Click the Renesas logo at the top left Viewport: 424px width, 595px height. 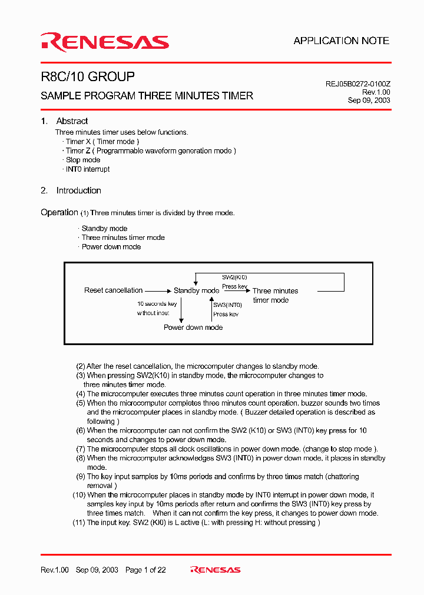point(105,42)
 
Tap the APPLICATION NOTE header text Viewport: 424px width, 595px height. point(341,41)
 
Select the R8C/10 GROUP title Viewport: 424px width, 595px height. point(88,77)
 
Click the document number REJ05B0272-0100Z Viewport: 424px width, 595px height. point(357,84)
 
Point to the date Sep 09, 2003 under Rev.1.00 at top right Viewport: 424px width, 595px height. point(369,101)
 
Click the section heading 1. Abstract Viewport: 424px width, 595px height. point(64,121)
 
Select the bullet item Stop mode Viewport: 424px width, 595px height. point(82,160)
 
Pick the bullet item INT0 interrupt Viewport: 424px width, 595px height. point(87,169)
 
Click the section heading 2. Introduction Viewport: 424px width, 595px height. point(71,190)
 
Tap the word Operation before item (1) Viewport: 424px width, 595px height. point(59,212)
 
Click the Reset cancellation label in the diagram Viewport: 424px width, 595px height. point(113,290)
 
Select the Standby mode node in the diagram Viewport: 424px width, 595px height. point(196,290)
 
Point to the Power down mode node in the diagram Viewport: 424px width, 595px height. point(193,327)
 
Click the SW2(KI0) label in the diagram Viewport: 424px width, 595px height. point(234,277)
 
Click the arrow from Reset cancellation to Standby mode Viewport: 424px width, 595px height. point(158,290)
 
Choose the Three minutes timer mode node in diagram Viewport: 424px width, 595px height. point(275,295)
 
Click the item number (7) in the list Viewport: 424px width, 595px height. point(81,449)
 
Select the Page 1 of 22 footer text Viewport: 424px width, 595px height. point(145,570)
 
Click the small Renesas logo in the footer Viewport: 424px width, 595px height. point(215,570)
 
